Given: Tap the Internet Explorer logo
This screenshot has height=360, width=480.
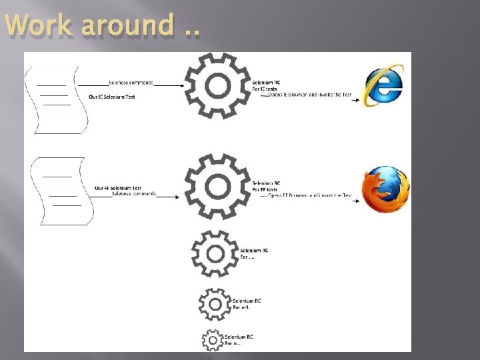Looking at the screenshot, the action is click(383, 85).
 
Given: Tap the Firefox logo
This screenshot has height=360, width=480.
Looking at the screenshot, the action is click(385, 189).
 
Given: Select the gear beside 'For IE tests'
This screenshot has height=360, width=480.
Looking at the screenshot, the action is click(217, 85).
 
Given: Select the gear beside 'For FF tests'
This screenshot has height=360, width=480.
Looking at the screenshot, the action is click(217, 187).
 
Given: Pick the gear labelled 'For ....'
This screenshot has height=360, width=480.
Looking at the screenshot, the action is click(215, 253).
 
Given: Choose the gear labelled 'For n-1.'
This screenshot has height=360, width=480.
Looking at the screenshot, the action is click(214, 304).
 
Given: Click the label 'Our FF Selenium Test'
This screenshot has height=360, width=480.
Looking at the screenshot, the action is click(117, 188).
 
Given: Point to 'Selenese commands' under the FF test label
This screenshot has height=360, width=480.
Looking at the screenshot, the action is click(134, 194).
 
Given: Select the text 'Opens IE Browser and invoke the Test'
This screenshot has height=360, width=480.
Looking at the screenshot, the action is click(309, 95).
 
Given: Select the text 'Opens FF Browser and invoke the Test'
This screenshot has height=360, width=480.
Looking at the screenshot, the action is click(309, 196).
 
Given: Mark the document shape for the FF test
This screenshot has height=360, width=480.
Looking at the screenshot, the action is click(57, 191).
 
